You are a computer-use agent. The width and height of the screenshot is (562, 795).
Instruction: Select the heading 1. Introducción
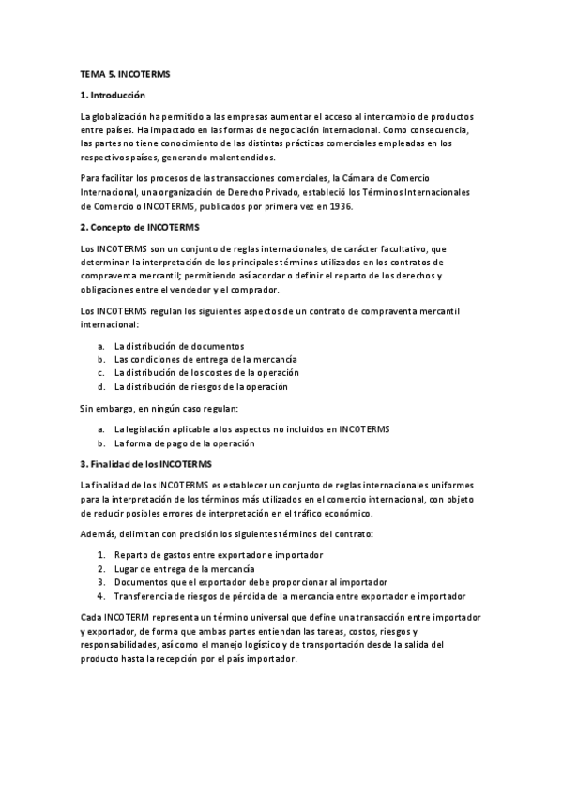pos(114,95)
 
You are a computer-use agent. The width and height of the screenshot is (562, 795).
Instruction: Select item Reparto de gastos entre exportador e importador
pos(219,556)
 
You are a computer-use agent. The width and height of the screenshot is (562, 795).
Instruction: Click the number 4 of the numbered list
pos(101,596)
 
